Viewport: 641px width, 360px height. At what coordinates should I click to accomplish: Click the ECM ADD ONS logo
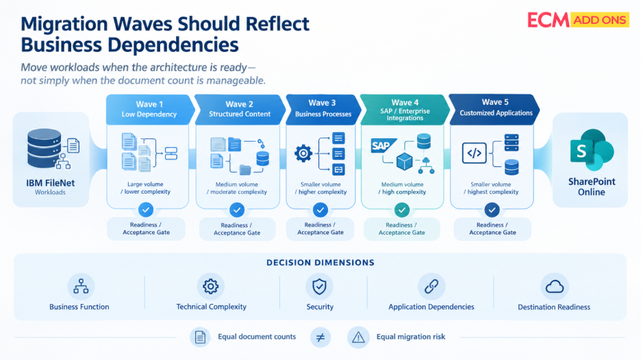click(578, 20)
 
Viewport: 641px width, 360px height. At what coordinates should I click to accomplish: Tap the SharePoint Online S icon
click(592, 150)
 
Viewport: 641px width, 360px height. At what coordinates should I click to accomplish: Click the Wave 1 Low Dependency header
click(149, 109)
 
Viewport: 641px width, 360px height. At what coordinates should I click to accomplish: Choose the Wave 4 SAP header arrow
click(405, 110)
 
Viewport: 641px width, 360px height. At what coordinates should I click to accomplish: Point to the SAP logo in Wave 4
click(384, 146)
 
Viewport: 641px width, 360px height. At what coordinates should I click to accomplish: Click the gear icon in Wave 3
click(303, 153)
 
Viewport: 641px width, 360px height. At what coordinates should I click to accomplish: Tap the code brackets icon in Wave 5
click(474, 153)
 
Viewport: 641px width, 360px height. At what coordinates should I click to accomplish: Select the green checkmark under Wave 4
click(402, 210)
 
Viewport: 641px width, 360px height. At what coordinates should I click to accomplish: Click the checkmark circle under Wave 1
click(146, 209)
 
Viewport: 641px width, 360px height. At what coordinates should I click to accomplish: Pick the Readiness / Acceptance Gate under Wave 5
click(492, 229)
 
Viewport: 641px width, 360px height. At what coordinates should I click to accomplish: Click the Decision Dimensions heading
click(320, 262)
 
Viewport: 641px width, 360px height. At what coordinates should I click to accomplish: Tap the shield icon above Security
click(319, 287)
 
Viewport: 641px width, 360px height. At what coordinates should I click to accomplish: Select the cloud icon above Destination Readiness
click(554, 287)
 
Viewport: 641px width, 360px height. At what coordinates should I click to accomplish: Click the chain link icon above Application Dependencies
click(431, 287)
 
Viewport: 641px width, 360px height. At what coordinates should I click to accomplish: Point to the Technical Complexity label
click(212, 307)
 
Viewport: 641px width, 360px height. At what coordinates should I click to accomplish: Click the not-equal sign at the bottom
click(320, 337)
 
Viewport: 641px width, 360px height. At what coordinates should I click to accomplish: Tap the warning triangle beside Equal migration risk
click(359, 337)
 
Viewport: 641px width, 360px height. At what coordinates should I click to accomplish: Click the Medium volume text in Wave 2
click(237, 184)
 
